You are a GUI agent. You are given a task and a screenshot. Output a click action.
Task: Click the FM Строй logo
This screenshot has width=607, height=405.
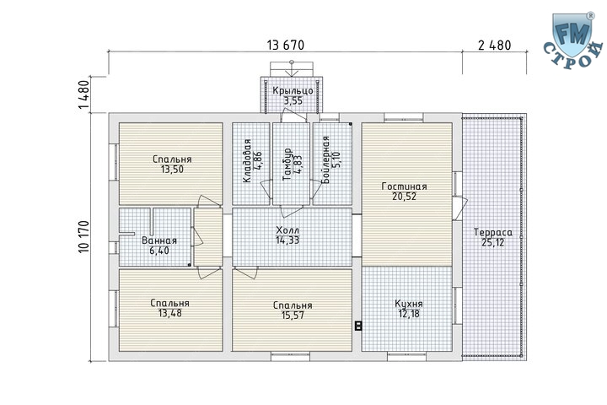coord(574,40)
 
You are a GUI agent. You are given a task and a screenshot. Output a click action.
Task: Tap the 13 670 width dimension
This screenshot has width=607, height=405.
coord(286,46)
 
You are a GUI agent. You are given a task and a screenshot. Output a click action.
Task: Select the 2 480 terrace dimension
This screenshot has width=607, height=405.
coord(494,46)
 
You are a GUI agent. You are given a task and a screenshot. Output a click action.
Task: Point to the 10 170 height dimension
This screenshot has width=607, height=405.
coord(84,237)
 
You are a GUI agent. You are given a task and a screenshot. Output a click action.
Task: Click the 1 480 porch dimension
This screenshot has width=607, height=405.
coord(84,94)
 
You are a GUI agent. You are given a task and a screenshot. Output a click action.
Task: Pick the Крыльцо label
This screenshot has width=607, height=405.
coord(293,90)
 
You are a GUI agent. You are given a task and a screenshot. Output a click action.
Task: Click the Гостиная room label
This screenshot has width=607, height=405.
coord(404,186)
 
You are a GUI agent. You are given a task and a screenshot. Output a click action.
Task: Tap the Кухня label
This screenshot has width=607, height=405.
coord(409,304)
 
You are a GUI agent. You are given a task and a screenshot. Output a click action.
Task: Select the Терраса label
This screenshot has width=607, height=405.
coord(493,233)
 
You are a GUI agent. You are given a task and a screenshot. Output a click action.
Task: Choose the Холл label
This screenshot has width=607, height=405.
coord(287,229)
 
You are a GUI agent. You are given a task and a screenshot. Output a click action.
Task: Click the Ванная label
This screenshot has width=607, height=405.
coord(159,240)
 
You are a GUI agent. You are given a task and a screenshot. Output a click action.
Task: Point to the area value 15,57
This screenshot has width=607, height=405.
coord(293,315)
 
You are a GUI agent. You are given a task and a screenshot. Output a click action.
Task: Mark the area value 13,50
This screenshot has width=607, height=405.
coord(172,170)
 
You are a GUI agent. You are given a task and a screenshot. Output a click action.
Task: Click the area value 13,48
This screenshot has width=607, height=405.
coord(170,313)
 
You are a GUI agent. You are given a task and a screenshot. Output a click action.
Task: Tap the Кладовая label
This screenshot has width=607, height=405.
coord(247,160)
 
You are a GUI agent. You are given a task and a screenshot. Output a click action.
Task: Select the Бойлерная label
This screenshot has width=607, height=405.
coord(326,159)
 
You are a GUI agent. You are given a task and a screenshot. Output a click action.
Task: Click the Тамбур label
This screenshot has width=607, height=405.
coord(287,165)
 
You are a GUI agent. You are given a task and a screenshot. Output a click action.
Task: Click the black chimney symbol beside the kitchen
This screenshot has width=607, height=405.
coord(358,326)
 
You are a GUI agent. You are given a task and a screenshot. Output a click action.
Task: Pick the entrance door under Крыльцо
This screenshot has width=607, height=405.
coord(294,116)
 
